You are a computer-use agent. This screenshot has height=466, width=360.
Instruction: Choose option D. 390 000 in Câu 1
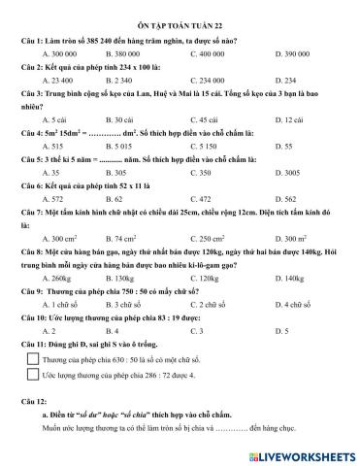point(278,54)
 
